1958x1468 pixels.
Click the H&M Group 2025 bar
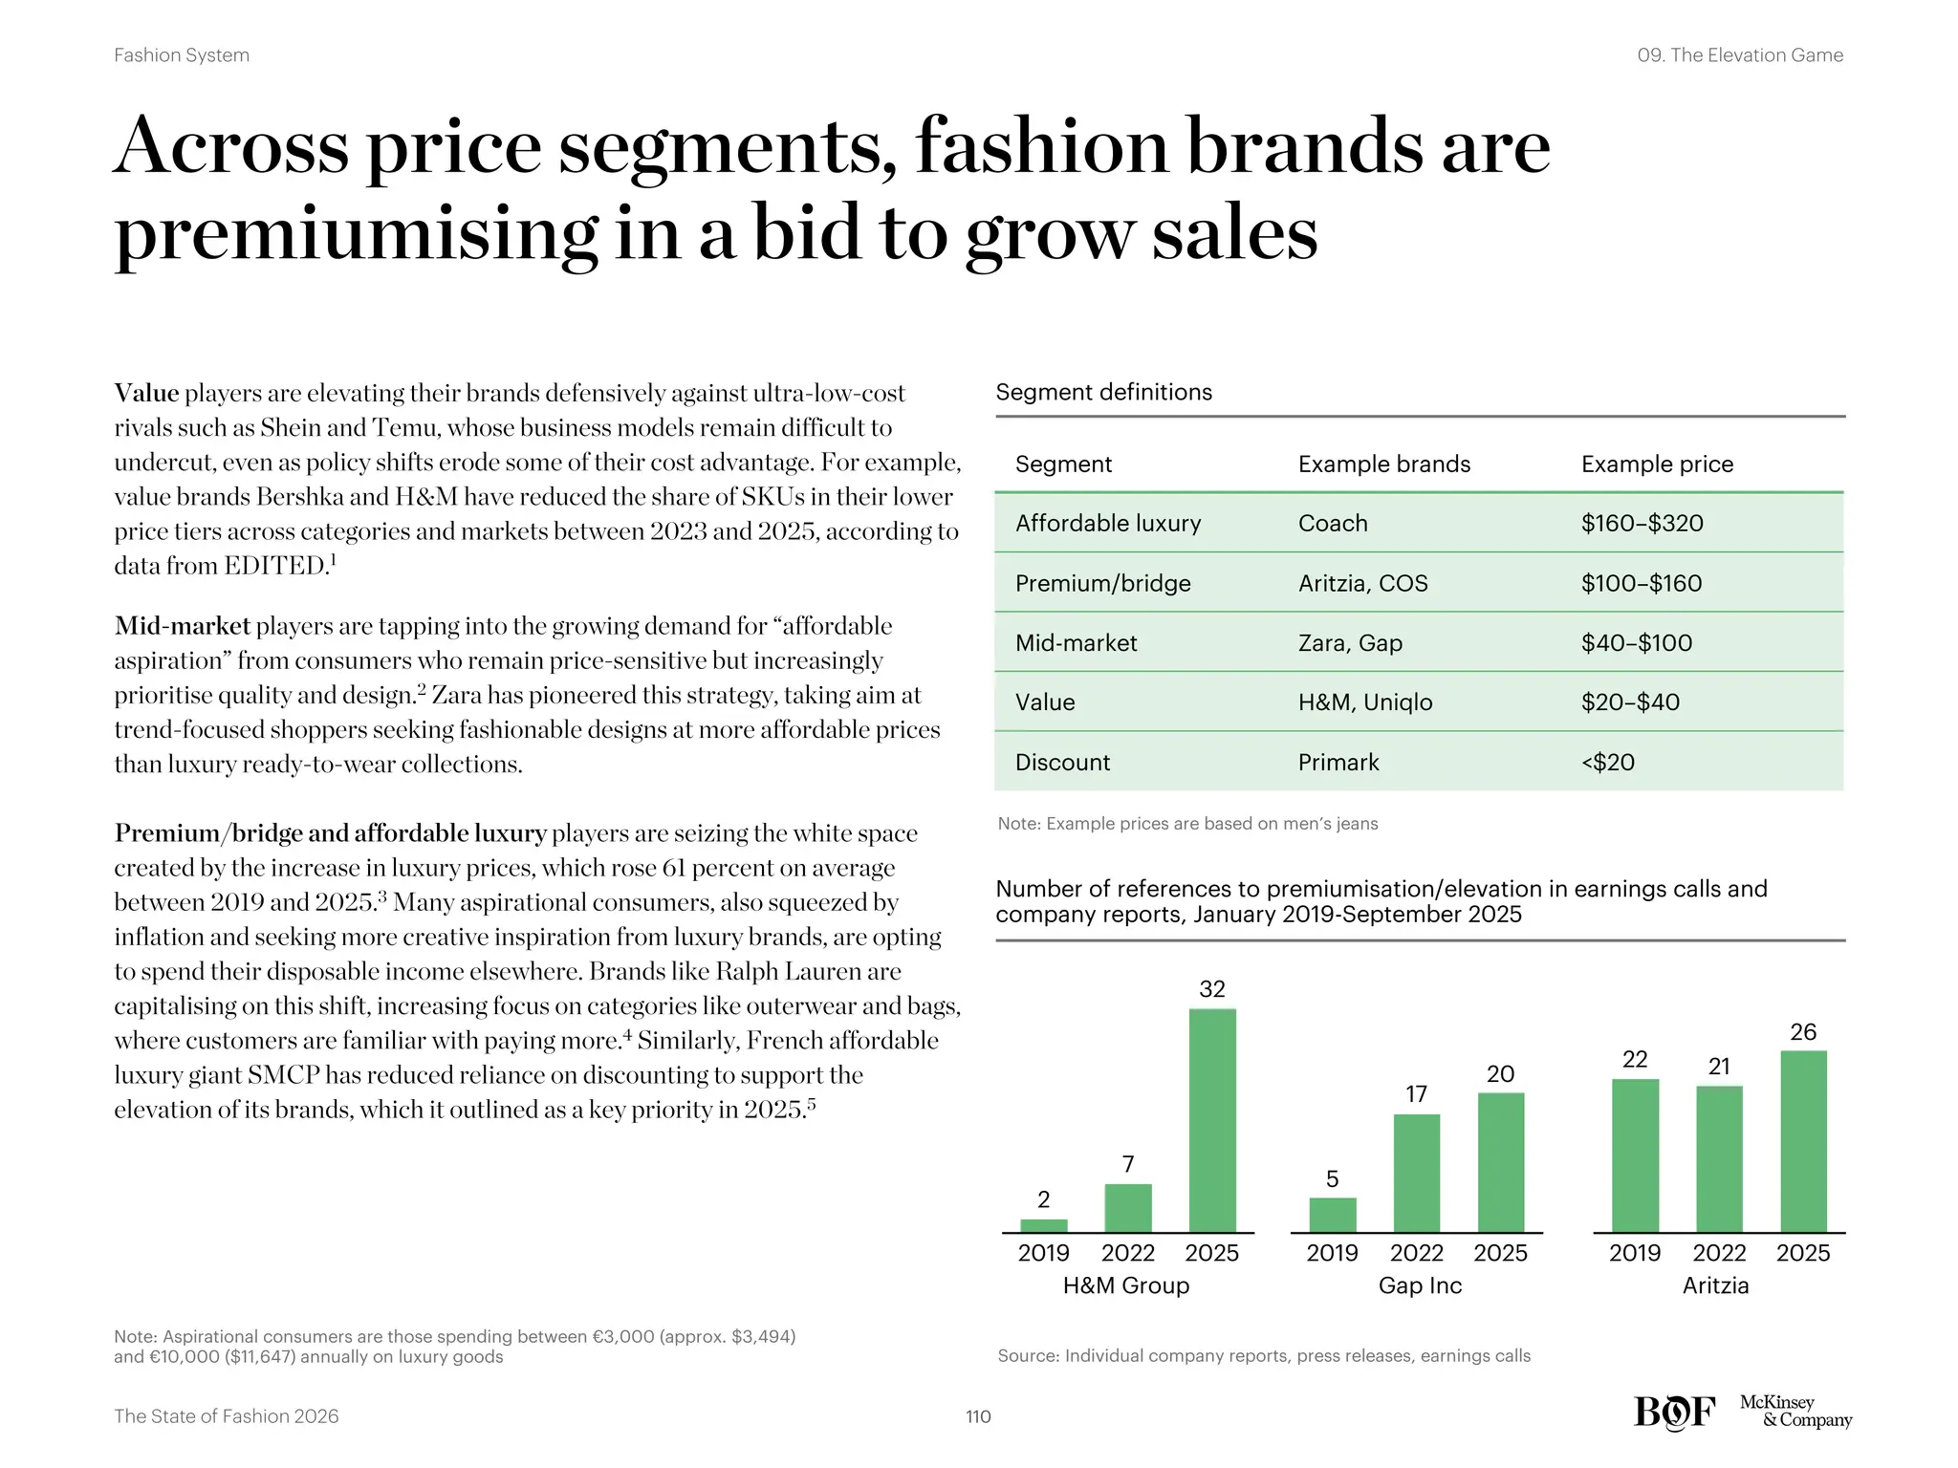1211,1120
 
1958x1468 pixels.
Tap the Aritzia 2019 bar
1635,1155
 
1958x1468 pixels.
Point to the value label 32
1211,989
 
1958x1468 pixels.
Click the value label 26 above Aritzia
1802,1032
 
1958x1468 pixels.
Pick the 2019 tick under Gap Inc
1332,1253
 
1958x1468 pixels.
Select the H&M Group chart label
1125,1285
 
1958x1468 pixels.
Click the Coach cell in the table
1333,524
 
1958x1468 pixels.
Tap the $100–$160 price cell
1641,583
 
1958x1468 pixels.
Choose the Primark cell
1338,763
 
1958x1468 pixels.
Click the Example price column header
1657,464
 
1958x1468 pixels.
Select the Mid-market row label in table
1076,643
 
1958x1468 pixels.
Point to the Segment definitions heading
1103,392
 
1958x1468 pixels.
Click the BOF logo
1674,1412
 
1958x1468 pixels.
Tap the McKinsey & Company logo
1795,1411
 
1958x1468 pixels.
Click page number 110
978,1416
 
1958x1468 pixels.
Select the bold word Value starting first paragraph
146,393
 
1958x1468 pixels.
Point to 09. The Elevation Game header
1739,55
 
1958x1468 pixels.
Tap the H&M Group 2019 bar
1043,1225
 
